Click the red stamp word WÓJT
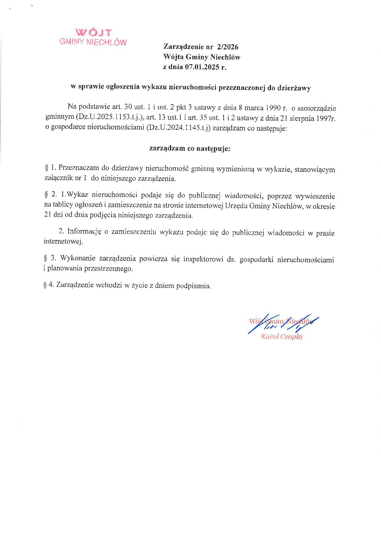click(x=93, y=32)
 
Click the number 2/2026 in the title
click(x=227, y=47)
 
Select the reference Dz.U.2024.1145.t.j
click(x=179, y=128)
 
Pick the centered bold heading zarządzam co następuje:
click(x=190, y=149)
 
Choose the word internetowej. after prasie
click(x=64, y=242)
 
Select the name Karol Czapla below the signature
click(x=281, y=337)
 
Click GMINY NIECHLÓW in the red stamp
click(x=93, y=42)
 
